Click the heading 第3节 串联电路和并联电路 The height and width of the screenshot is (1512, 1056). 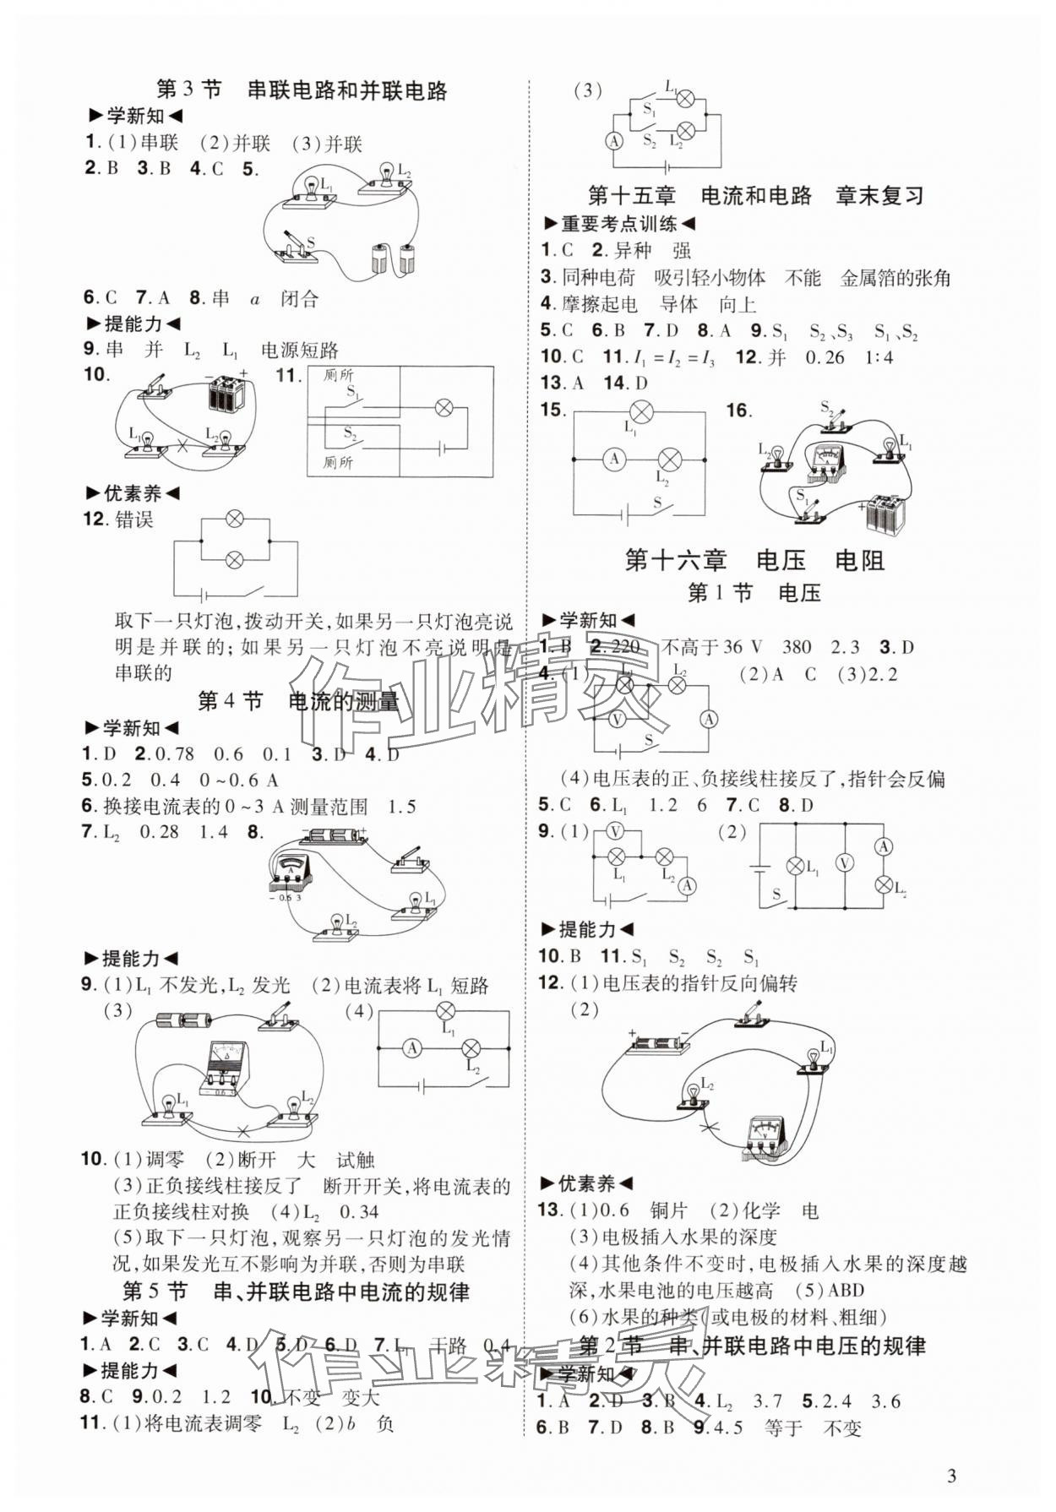(302, 90)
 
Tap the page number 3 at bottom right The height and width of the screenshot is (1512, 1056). (951, 1476)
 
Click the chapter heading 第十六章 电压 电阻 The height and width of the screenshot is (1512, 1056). (754, 560)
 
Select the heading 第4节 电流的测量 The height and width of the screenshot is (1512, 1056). (297, 701)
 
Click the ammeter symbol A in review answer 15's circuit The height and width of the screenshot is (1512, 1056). (614, 459)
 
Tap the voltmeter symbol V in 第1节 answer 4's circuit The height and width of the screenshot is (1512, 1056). (617, 720)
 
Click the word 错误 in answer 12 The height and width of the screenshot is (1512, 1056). (134, 519)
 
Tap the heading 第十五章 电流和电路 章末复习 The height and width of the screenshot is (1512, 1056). (755, 196)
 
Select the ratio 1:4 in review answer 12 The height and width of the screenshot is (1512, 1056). (879, 357)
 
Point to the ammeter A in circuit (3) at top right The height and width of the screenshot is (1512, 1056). (614, 141)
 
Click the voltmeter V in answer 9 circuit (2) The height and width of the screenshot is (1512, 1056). (843, 862)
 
